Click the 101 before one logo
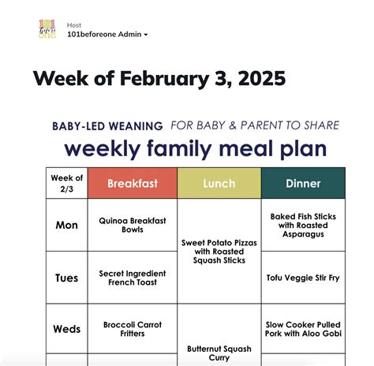(47, 30)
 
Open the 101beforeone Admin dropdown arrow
(146, 35)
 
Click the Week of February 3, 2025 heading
(159, 79)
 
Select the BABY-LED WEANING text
(107, 125)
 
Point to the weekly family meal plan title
(195, 148)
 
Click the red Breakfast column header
(133, 184)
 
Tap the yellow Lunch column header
(219, 184)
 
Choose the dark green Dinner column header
(303, 184)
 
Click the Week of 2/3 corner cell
(66, 183)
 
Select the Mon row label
(66, 225)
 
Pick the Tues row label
(66, 278)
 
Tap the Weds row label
(66, 329)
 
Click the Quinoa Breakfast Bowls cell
(133, 225)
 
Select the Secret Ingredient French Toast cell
(133, 278)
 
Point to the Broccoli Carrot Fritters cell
(133, 329)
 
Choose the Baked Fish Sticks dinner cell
(303, 224)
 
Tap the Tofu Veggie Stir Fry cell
(303, 278)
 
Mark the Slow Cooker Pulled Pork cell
(303, 329)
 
